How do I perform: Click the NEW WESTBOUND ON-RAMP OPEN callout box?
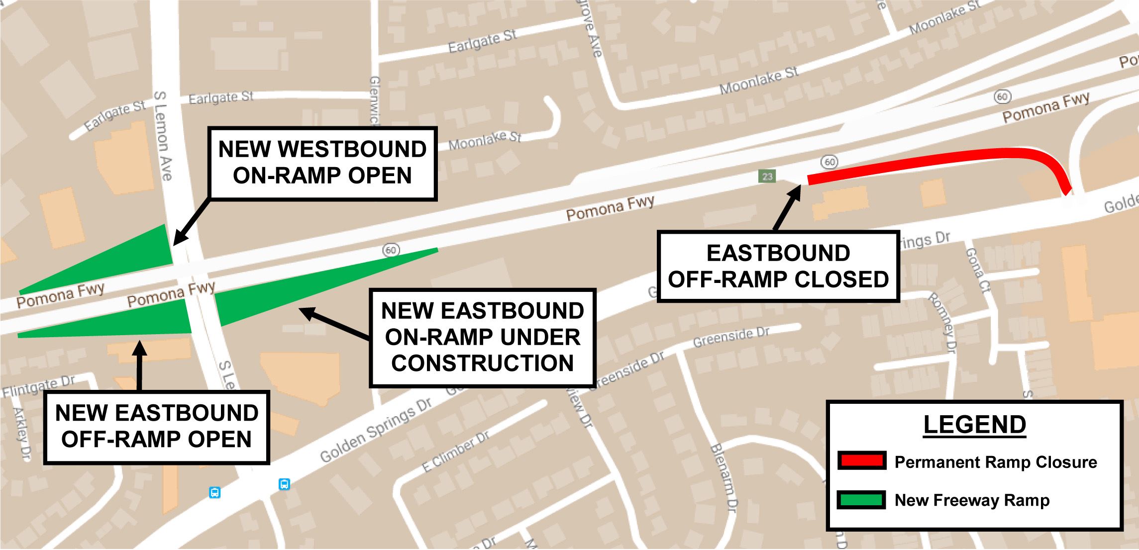322,163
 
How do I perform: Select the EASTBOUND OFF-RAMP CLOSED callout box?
778,266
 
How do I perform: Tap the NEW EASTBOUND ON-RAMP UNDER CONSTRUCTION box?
482,337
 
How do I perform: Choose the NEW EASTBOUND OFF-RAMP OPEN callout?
156,427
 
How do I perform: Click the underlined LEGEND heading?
974,425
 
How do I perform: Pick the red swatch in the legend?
862,461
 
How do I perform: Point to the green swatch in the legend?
862,500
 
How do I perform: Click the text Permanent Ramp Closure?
995,462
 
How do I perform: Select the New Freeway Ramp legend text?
972,500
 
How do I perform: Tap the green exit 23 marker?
767,176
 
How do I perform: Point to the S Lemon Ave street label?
163,135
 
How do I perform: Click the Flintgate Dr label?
38,386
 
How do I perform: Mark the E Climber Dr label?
455,452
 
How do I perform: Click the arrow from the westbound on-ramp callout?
192,222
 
